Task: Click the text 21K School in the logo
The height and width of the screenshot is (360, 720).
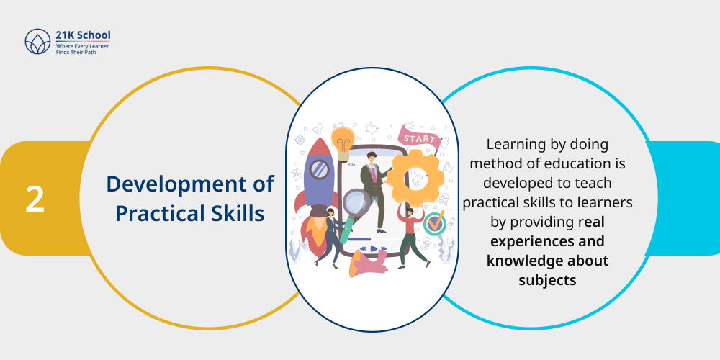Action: pyautogui.click(x=83, y=35)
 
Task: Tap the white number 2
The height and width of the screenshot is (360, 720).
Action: pyautogui.click(x=35, y=199)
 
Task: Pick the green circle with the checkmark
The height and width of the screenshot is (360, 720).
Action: pyautogui.click(x=434, y=223)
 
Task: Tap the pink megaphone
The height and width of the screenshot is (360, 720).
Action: pyautogui.click(x=367, y=265)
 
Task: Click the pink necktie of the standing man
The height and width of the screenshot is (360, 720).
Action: pyautogui.click(x=374, y=172)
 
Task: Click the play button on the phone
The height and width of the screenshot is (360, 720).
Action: pyautogui.click(x=373, y=248)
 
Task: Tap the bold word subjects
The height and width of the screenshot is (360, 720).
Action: pyautogui.click(x=547, y=279)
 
